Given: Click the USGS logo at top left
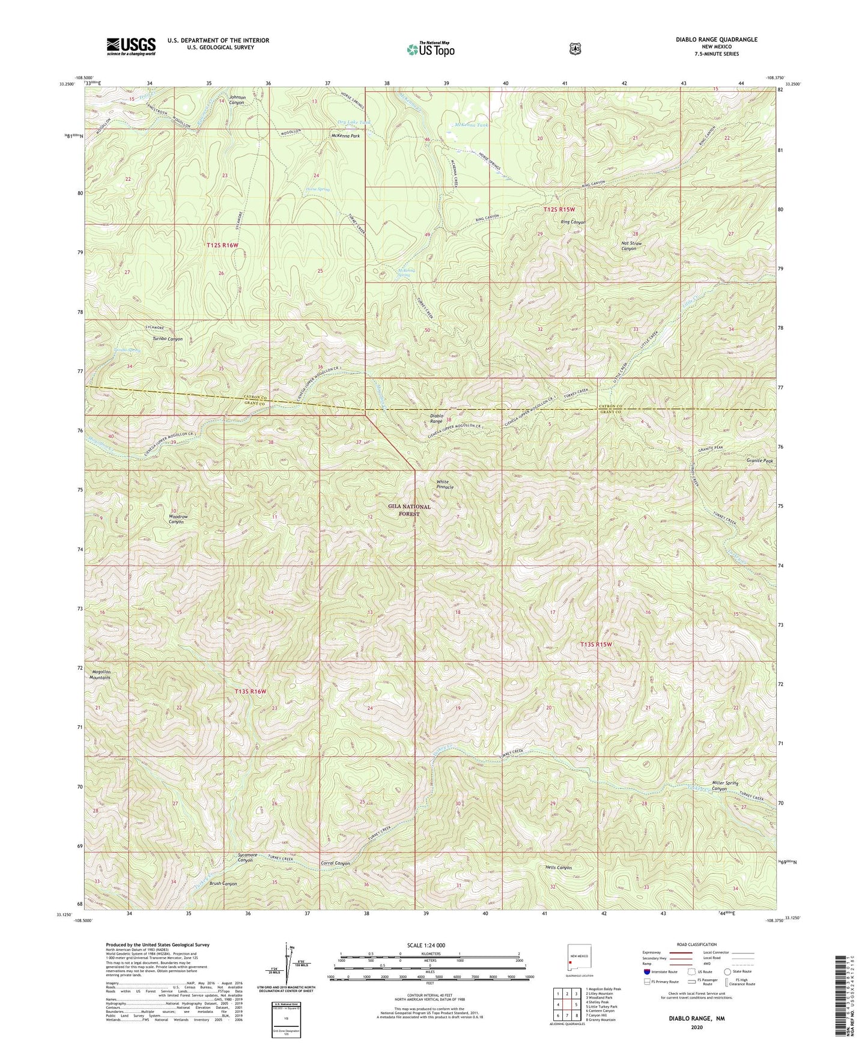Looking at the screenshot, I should pyautogui.click(x=131, y=46).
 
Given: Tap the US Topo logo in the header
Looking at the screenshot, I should pyautogui.click(x=430, y=49).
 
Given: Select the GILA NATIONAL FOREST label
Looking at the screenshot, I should pyautogui.click(x=409, y=510).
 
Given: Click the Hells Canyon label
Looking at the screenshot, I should pyautogui.click(x=558, y=868).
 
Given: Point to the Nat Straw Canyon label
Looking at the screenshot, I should pyautogui.click(x=631, y=246).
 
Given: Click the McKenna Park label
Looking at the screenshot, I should pyautogui.click(x=345, y=136).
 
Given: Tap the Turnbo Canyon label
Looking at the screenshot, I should pyautogui.click(x=167, y=339).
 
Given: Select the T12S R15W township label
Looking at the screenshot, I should pyautogui.click(x=559, y=209).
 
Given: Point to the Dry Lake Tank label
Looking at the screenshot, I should pyautogui.click(x=354, y=123).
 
